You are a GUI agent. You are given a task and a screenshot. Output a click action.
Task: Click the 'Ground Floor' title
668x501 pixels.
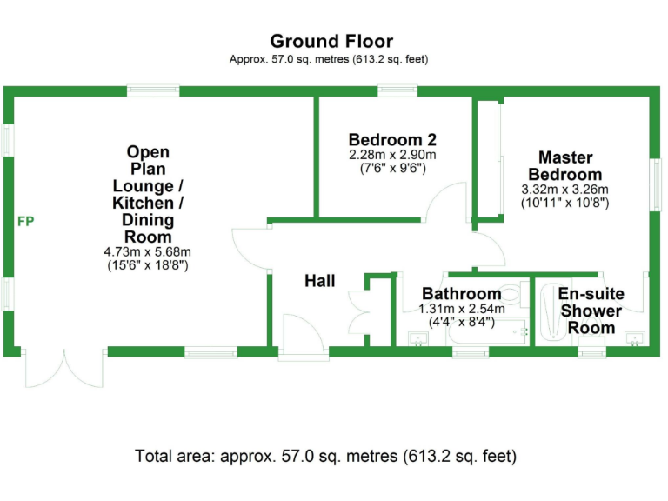(331, 41)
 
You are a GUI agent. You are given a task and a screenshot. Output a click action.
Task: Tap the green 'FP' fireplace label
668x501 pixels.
(26, 222)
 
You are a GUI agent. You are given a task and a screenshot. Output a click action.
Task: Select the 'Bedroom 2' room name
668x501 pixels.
(391, 139)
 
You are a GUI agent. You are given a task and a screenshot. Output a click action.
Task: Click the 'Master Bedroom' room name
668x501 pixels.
(565, 166)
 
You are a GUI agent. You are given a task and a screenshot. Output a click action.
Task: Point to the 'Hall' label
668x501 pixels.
(319, 281)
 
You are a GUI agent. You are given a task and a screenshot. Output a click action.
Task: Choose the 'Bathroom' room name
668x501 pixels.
(461, 294)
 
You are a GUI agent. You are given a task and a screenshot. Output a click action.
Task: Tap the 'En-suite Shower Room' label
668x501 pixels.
(591, 311)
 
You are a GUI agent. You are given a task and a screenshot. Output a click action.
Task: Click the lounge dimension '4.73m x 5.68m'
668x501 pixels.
(147, 252)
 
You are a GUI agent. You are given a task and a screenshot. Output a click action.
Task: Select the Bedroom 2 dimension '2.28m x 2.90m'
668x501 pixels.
(391, 155)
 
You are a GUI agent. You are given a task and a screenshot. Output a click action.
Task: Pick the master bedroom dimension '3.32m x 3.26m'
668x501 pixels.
(564, 190)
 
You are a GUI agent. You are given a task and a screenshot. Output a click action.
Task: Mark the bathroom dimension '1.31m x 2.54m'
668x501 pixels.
(457, 308)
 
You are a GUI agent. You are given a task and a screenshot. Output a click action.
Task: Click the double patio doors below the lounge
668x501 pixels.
(63, 370)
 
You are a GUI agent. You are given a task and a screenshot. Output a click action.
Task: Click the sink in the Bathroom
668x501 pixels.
(418, 339)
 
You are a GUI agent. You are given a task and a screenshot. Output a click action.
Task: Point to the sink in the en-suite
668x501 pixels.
(635, 337)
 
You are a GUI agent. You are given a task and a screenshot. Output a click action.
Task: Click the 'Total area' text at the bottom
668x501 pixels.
(325, 455)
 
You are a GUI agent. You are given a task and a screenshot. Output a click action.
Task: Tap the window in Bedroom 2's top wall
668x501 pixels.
(396, 90)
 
